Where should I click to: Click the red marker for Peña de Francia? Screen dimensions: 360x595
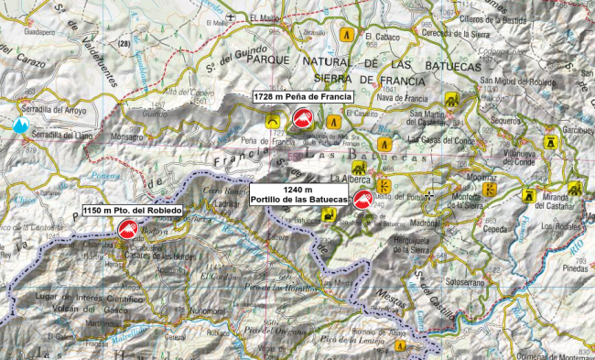tap(301, 120)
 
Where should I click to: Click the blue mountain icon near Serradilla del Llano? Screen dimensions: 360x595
tap(20, 125)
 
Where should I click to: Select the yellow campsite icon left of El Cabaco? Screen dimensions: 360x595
tap(347, 33)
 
